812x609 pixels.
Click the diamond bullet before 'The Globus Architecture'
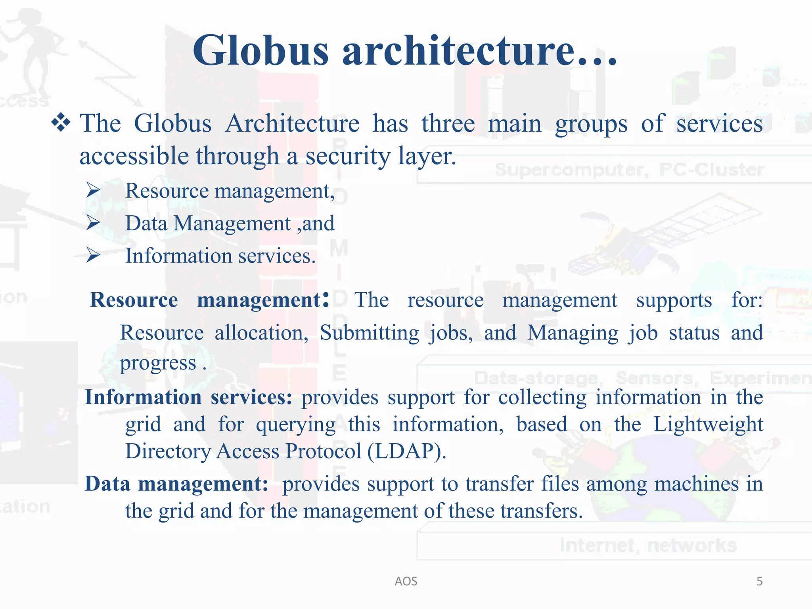coord(61,123)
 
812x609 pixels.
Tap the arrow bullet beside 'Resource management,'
coord(93,191)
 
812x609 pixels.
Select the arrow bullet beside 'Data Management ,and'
coord(93,223)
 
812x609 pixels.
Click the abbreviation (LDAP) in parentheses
coord(406,451)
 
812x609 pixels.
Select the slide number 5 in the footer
coord(759,581)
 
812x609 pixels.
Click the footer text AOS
coord(406,581)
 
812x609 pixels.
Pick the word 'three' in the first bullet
coord(448,123)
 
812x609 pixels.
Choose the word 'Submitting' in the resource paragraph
coord(369,333)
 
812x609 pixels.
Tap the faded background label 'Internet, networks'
coord(648,546)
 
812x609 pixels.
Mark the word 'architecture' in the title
coord(458,51)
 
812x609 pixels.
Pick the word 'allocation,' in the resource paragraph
coord(261,333)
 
